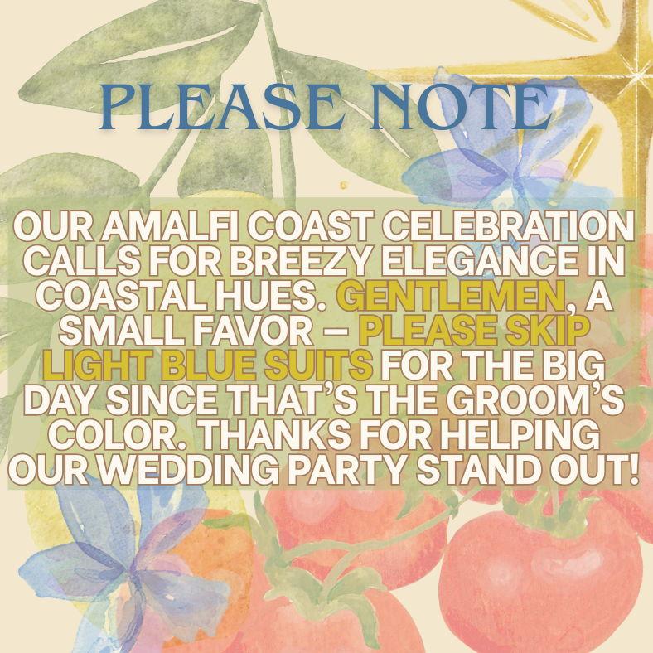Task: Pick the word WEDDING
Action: click(186, 469)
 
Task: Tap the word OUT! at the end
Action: click(595, 469)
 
